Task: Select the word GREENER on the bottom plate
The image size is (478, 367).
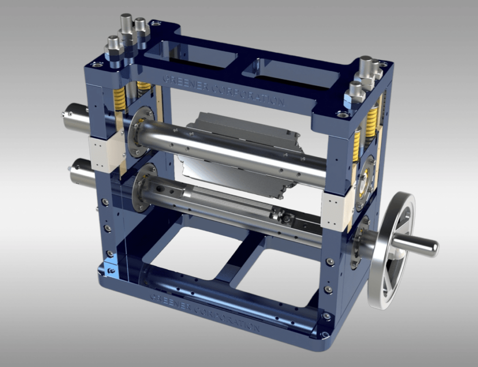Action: [171, 302]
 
